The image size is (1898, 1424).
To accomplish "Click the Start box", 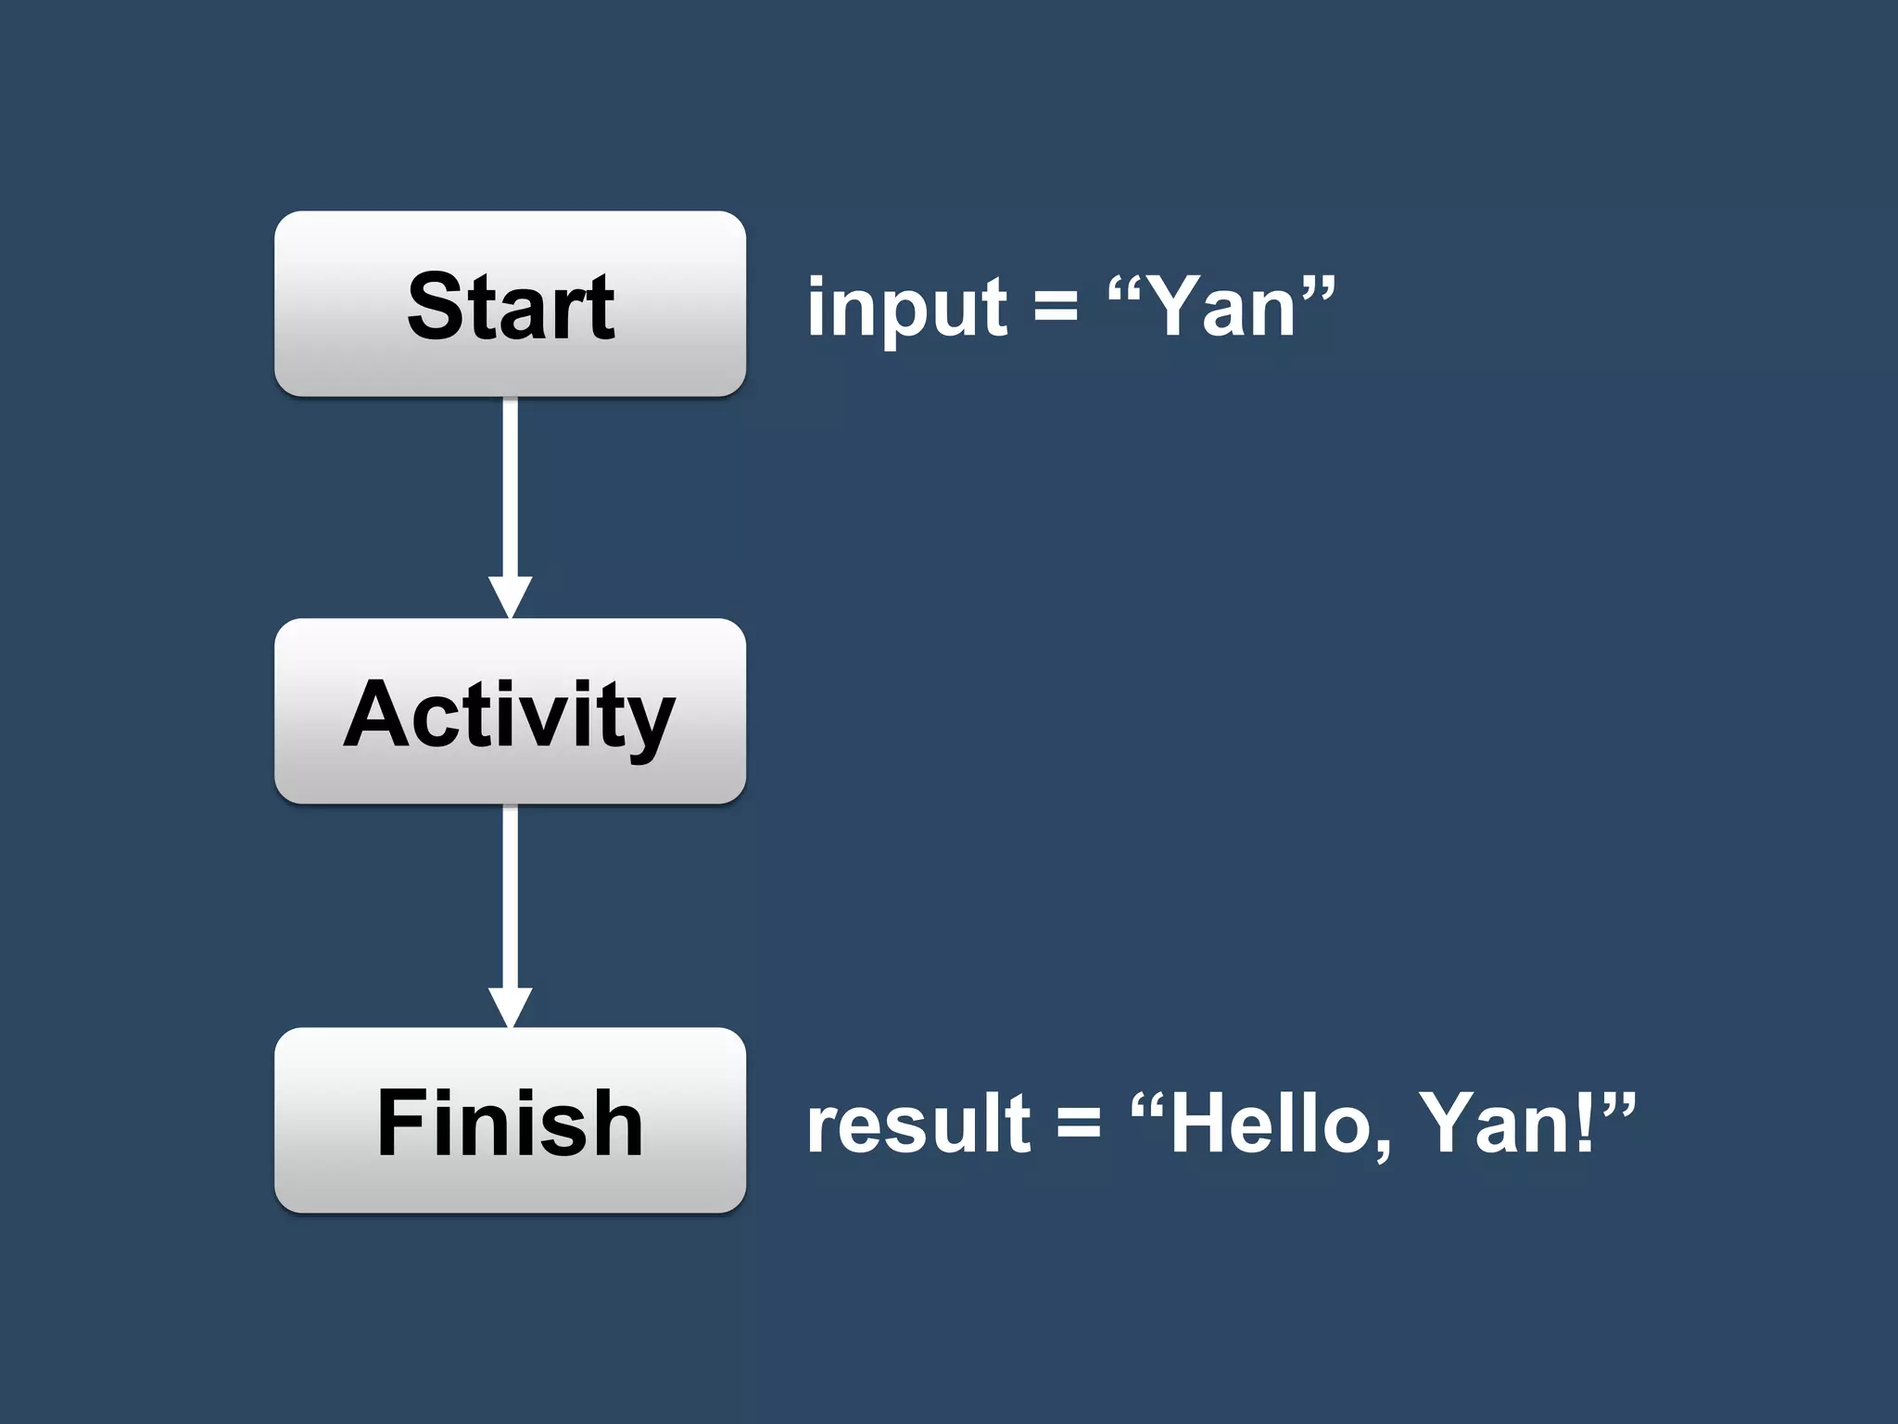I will pos(510,304).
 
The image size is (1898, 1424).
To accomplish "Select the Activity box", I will pos(510,711).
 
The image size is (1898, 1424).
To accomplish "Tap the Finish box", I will pos(510,1120).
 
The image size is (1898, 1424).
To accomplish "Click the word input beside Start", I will pos(906,308).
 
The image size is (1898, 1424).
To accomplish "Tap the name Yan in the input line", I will pos(1221,306).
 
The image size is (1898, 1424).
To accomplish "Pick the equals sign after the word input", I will pos(1057,306).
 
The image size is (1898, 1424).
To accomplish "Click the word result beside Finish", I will pos(917,1124).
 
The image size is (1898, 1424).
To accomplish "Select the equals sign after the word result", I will pos(1079,1124).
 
